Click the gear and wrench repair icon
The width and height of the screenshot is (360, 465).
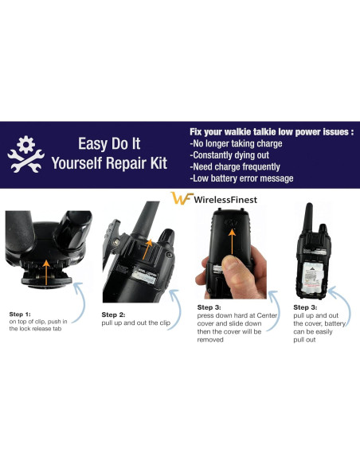click(x=25, y=156)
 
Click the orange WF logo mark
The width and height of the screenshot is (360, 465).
click(x=181, y=200)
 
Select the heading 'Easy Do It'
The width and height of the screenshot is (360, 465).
click(x=108, y=144)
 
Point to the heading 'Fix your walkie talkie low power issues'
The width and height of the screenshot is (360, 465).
click(x=270, y=131)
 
